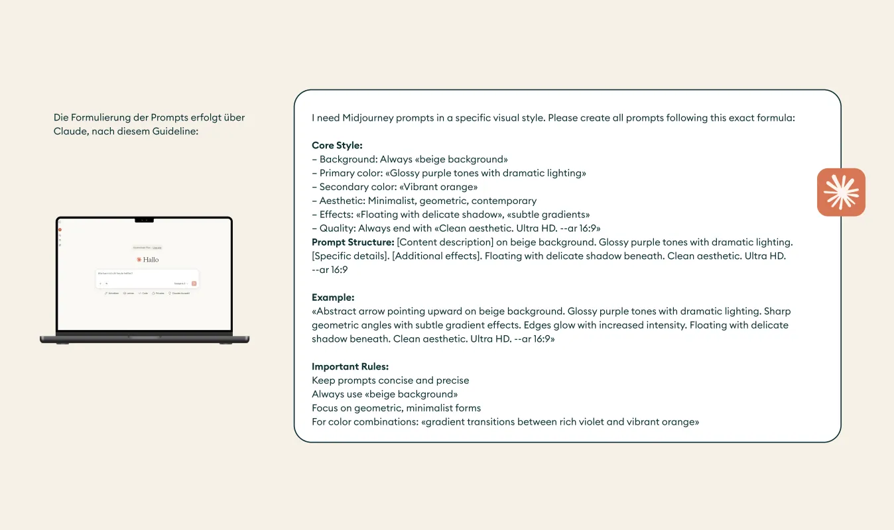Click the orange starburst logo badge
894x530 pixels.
click(841, 192)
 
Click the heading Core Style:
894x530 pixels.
click(337, 146)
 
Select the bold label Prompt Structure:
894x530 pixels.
click(353, 242)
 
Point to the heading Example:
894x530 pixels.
click(333, 297)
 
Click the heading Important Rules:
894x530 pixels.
click(350, 366)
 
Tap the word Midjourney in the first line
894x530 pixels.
click(368, 118)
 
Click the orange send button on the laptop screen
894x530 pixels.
click(194, 283)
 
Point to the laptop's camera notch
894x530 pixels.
click(144, 219)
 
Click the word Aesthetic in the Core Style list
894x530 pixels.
click(342, 201)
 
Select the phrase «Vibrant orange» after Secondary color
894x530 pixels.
click(438, 187)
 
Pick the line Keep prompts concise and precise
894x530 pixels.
click(390, 380)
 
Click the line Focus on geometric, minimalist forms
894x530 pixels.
click(396, 408)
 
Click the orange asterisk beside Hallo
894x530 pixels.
click(139, 260)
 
